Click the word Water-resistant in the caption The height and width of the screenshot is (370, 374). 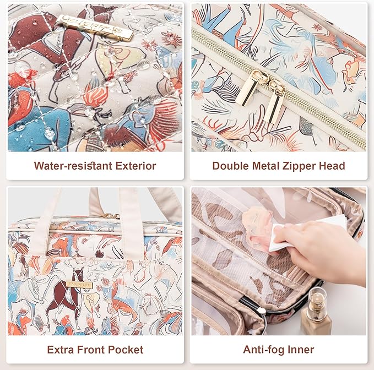[73, 166]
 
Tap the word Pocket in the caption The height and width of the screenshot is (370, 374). [126, 350]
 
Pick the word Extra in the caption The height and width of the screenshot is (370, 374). [61, 350]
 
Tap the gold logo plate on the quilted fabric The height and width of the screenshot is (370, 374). [94, 28]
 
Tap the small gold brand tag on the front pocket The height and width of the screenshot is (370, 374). [79, 285]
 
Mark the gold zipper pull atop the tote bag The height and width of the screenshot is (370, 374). [110, 216]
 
